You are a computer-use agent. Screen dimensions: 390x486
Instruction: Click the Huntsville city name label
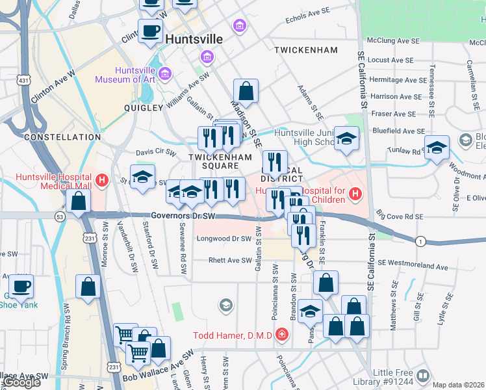coord(194,39)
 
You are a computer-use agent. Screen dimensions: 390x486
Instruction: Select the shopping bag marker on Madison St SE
coord(246,92)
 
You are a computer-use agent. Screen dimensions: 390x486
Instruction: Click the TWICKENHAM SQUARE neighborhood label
coord(220,162)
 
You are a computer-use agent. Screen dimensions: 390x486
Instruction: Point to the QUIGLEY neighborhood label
coord(143,108)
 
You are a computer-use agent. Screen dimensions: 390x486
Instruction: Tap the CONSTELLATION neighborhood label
coord(62,137)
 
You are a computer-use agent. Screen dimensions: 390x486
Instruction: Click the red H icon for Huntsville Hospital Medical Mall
coord(101,180)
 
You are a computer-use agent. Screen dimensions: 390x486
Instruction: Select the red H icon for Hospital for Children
coord(355,193)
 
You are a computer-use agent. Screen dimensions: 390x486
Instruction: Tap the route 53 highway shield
coord(59,216)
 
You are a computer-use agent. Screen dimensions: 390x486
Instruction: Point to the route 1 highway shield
coord(420,241)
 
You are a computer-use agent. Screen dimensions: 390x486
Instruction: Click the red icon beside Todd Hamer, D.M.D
coord(281,335)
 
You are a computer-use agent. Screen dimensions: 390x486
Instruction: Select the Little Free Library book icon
coord(423,376)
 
